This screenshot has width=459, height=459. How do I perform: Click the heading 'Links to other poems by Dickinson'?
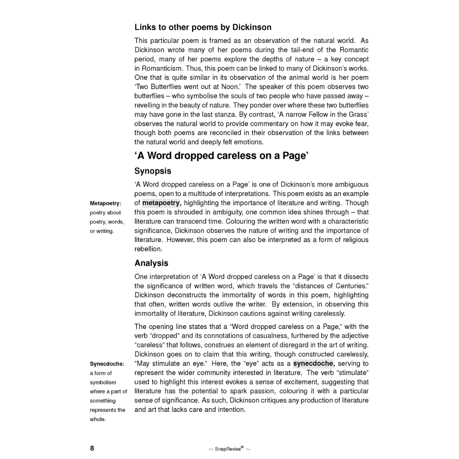[x=203, y=28]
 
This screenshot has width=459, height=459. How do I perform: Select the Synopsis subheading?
[x=153, y=171]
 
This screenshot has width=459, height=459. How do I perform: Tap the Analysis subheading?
[x=151, y=263]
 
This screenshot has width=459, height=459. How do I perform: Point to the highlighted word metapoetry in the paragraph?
[x=161, y=203]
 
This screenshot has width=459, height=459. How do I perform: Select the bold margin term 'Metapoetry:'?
[x=106, y=203]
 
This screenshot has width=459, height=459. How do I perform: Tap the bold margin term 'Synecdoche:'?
[x=107, y=364]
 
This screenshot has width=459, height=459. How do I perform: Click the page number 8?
[x=92, y=448]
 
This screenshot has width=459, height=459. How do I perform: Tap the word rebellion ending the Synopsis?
[x=148, y=249]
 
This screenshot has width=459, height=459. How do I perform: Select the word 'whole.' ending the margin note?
[x=98, y=419]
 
